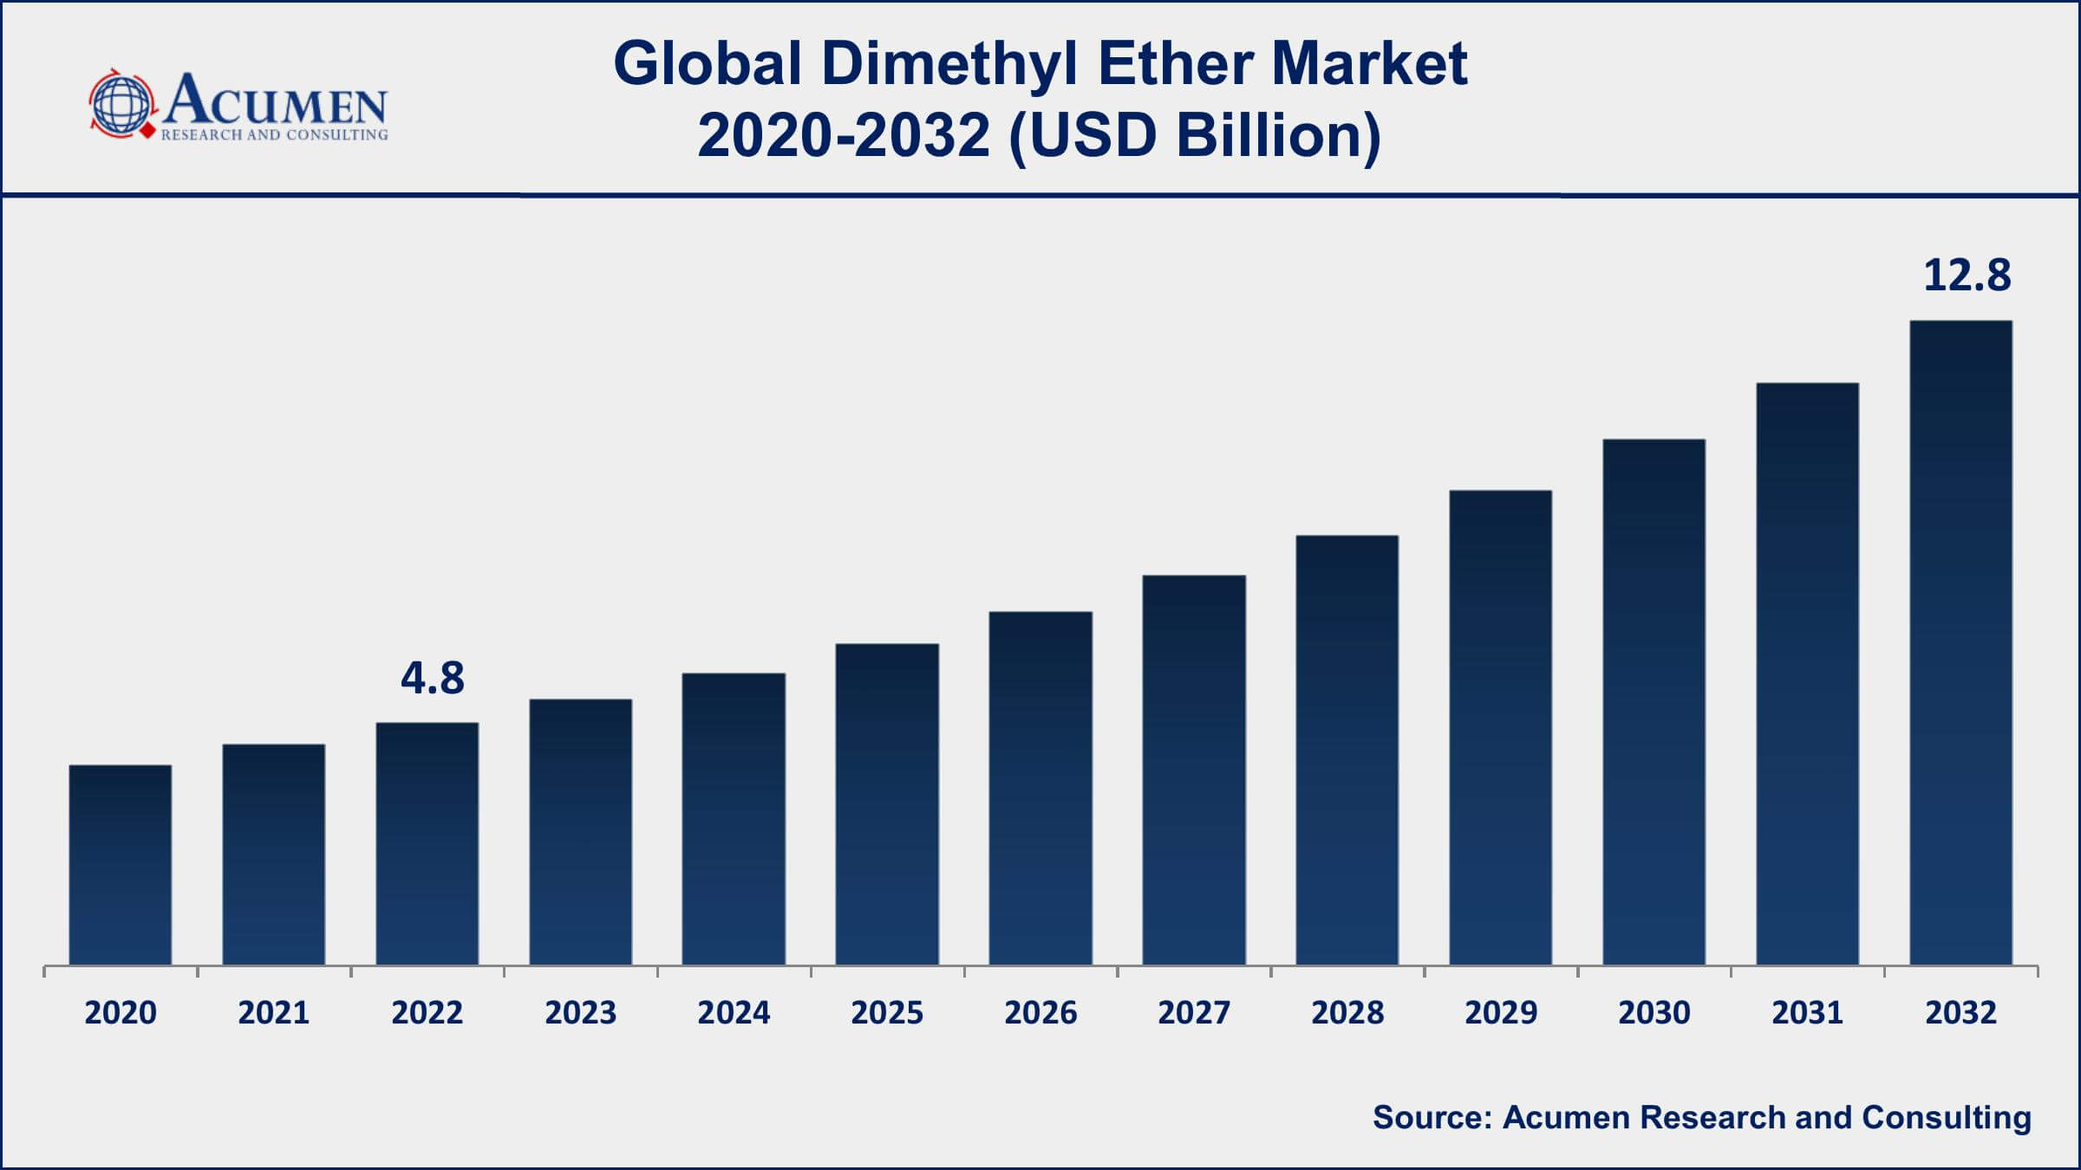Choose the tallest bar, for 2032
[x=1961, y=642]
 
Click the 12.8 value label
[x=1967, y=276]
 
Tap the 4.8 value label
[x=433, y=678]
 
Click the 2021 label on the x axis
[x=274, y=1013]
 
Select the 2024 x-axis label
[x=734, y=1013]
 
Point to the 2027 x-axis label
[x=1194, y=1013]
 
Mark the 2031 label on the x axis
[x=1807, y=1013]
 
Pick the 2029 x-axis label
[x=1501, y=1013]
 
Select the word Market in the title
[x=1370, y=63]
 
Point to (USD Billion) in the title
[x=1195, y=136]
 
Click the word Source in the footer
[x=1432, y=1117]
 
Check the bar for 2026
[x=1040, y=789]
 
